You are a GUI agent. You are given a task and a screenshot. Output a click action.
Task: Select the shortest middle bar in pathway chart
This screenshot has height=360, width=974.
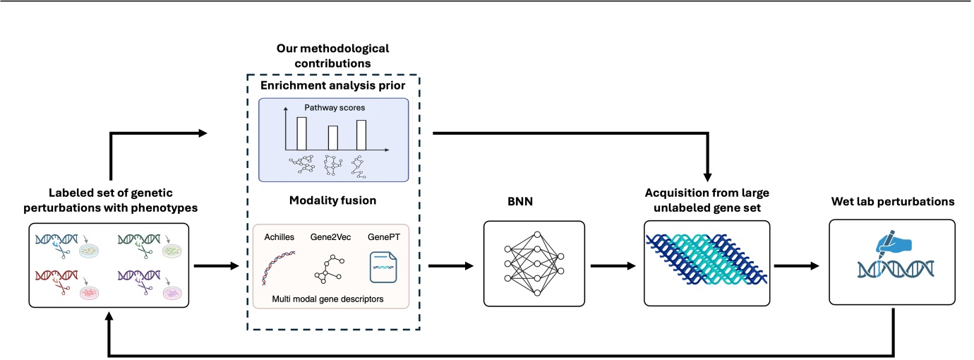point(333,137)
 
